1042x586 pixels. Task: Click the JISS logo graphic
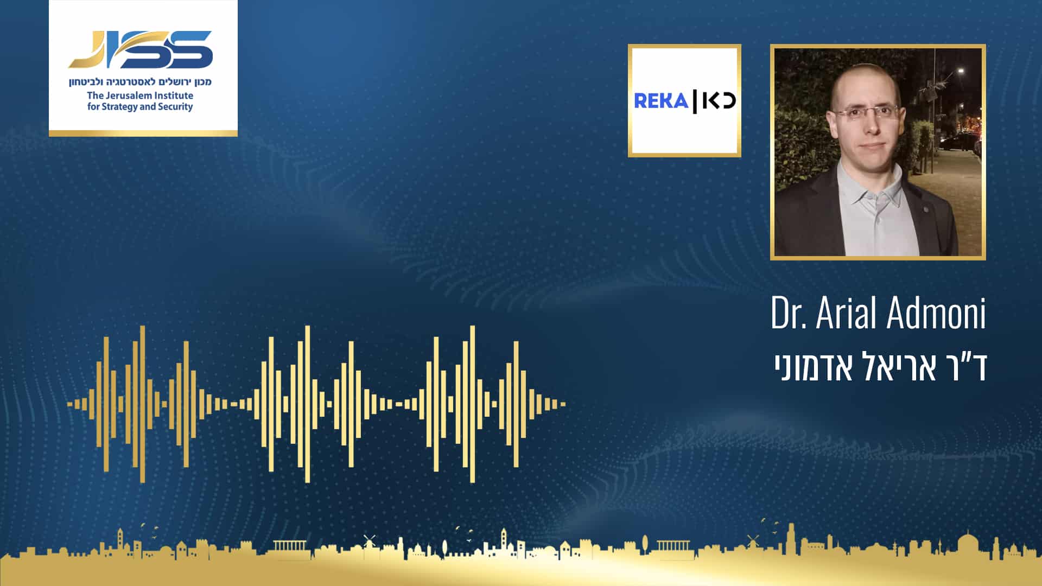pyautogui.click(x=141, y=49)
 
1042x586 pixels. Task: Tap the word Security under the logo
pyautogui.click(x=175, y=107)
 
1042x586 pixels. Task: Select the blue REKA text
pyautogui.click(x=661, y=101)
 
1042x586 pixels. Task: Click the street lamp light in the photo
pyautogui.click(x=961, y=71)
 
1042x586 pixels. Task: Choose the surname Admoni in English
pyautogui.click(x=937, y=313)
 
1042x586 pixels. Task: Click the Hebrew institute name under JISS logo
pyautogui.click(x=140, y=82)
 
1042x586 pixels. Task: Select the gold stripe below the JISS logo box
pyautogui.click(x=143, y=133)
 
